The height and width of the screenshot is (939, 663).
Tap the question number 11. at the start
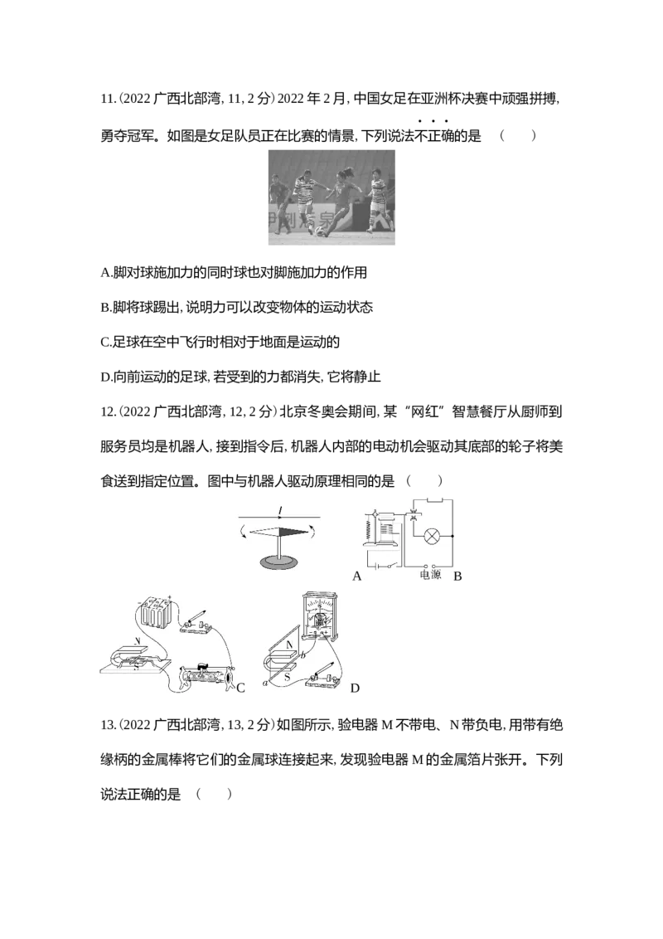pyautogui.click(x=108, y=100)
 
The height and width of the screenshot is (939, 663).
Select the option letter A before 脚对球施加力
pyautogui.click(x=106, y=273)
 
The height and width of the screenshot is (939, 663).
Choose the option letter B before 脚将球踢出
pyautogui.click(x=105, y=308)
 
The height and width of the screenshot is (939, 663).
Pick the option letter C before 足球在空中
pyautogui.click(x=105, y=343)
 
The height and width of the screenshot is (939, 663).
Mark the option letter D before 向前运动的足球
pyautogui.click(x=106, y=377)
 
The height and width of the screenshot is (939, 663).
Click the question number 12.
pyautogui.click(x=108, y=412)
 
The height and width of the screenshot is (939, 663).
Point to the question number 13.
pyautogui.click(x=108, y=725)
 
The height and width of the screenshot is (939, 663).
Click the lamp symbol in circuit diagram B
pyautogui.click(x=432, y=536)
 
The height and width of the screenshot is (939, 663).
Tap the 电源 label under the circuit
pyautogui.click(x=430, y=575)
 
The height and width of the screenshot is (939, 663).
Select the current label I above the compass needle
pyautogui.click(x=280, y=511)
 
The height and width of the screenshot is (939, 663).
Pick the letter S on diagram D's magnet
pyautogui.click(x=288, y=678)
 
